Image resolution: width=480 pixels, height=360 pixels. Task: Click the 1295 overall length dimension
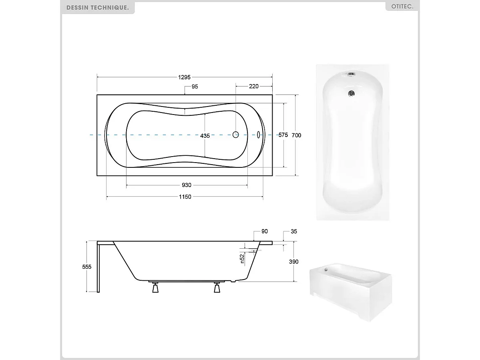pyautogui.click(x=185, y=77)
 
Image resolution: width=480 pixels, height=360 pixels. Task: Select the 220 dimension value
pyautogui.click(x=254, y=86)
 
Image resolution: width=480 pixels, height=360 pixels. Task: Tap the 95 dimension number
pyautogui.click(x=195, y=86)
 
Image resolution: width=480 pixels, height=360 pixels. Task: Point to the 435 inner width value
pyautogui.click(x=205, y=136)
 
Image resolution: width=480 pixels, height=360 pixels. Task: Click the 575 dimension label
pyautogui.click(x=283, y=135)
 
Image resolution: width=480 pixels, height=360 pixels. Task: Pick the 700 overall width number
pyautogui.click(x=296, y=135)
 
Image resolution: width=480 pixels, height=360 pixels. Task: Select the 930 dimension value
pyautogui.click(x=187, y=185)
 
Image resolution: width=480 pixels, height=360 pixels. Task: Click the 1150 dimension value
pyautogui.click(x=185, y=197)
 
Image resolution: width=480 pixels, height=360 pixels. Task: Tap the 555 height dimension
pyautogui.click(x=87, y=267)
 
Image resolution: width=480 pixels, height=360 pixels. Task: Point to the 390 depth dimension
pyautogui.click(x=294, y=261)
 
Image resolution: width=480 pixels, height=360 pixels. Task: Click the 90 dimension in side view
pyautogui.click(x=264, y=231)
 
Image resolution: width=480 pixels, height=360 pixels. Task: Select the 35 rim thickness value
pyautogui.click(x=294, y=231)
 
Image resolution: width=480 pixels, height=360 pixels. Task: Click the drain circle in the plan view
pyautogui.click(x=236, y=135)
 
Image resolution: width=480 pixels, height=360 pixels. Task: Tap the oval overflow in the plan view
pyautogui.click(x=258, y=135)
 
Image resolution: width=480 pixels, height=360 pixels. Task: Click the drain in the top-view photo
pyautogui.click(x=351, y=94)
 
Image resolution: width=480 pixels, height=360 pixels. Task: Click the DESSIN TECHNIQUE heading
pyautogui.click(x=97, y=8)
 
